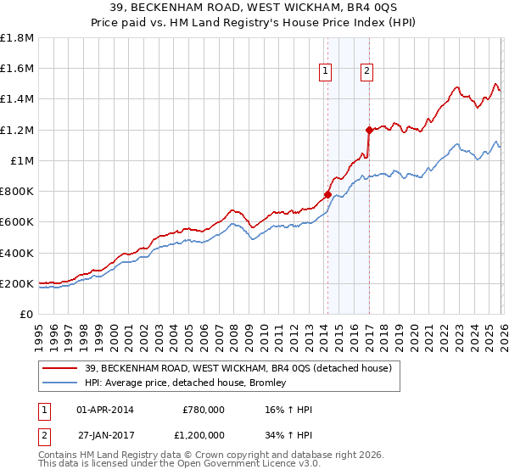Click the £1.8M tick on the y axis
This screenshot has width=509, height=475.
pyautogui.click(x=17, y=38)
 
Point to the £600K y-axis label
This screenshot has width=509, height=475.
pyautogui.click(x=17, y=222)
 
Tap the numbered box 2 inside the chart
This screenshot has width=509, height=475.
pyautogui.click(x=366, y=72)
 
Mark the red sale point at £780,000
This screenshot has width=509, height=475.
pyautogui.click(x=327, y=194)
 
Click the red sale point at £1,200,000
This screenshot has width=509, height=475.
pyautogui.click(x=369, y=130)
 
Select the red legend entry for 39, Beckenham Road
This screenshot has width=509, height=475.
pyautogui.click(x=238, y=368)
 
